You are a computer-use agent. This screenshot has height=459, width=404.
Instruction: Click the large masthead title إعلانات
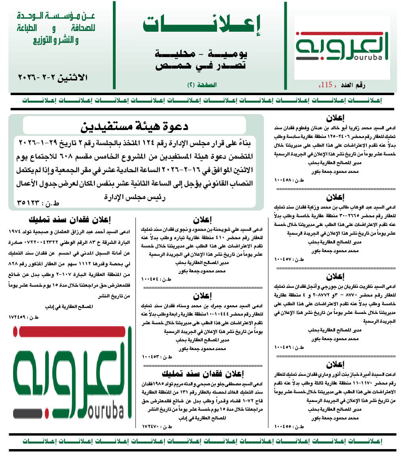202,25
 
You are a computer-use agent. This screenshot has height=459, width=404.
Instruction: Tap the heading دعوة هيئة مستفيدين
135,127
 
